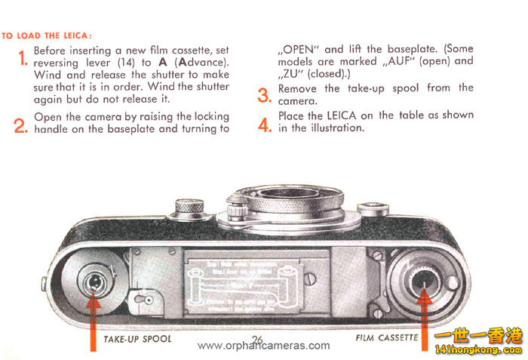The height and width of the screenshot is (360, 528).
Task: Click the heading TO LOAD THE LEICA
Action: pyautogui.click(x=47, y=35)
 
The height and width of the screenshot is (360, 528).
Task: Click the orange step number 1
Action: pyautogui.click(x=23, y=57)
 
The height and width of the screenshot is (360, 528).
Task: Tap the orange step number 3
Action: pyautogui.click(x=264, y=96)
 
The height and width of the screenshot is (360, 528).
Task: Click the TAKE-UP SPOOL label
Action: pyautogui.click(x=137, y=339)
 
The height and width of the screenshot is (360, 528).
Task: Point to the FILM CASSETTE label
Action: pyautogui.click(x=386, y=339)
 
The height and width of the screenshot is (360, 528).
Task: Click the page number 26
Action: pyautogui.click(x=258, y=338)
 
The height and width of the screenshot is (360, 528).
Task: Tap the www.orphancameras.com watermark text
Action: pyautogui.click(x=263, y=346)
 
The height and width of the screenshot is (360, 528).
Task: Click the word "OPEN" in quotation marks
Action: pyautogui.click(x=299, y=48)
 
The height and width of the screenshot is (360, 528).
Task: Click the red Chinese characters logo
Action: pyautogui.click(x=480, y=338)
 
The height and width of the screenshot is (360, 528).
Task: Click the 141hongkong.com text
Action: pyautogui.click(x=479, y=352)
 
